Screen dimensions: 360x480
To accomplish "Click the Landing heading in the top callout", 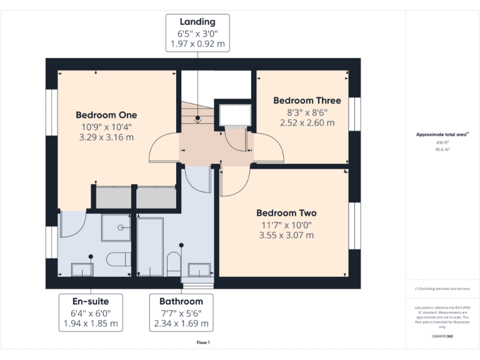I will point(197,22).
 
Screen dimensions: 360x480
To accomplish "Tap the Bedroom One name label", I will point(106,115).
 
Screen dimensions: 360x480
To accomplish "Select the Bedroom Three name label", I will point(307,101).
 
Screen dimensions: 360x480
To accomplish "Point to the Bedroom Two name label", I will point(286,212).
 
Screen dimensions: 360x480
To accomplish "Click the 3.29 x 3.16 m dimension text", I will point(106,137).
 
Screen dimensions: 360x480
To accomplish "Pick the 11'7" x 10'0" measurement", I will point(286,224).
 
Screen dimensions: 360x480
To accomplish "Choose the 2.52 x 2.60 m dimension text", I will point(307,122).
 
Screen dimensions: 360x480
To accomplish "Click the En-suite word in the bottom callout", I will point(91,301).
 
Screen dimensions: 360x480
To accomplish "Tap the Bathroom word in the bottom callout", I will point(181,301).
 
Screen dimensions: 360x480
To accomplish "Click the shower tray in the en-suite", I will point(116,229).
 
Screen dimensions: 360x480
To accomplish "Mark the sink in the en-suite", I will point(82,269).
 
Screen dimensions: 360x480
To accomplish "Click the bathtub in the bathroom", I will point(150,246).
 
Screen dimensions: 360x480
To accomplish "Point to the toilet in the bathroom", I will point(174,263).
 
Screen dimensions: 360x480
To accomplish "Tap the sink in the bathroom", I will point(200,269).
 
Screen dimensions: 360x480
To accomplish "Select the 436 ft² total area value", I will point(442,142).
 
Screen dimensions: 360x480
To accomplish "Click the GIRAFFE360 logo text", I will point(442,336).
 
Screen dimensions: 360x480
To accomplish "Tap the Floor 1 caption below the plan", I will point(203,342).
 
